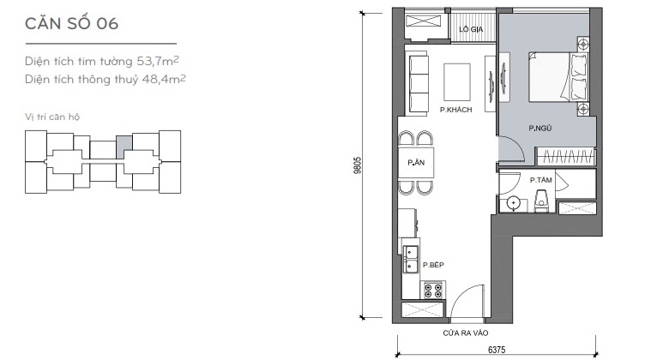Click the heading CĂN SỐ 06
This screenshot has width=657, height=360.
tap(72, 23)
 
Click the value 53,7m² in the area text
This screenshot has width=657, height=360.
tap(158, 61)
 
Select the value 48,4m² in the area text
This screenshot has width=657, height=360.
tap(164, 79)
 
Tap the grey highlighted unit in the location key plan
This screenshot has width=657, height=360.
tap(124, 147)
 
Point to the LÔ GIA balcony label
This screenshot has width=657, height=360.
tap(471, 29)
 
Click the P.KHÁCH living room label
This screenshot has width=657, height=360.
tap(456, 110)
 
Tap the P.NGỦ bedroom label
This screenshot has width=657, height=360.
tap(540, 129)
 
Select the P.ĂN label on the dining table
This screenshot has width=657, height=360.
tap(416, 162)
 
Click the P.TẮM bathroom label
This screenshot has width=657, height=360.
tap(541, 180)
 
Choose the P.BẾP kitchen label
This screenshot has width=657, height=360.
tap(433, 265)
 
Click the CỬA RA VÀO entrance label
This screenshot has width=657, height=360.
tap(466, 333)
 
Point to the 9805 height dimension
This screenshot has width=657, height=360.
tap(357, 165)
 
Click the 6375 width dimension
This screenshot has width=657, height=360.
tap(497, 350)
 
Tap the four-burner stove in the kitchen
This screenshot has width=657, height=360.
tap(433, 291)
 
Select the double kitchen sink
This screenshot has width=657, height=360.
tap(411, 259)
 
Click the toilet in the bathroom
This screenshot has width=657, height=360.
tap(542, 200)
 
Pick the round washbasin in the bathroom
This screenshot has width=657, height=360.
tap(513, 203)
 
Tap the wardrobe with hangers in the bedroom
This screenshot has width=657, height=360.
tap(566, 157)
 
